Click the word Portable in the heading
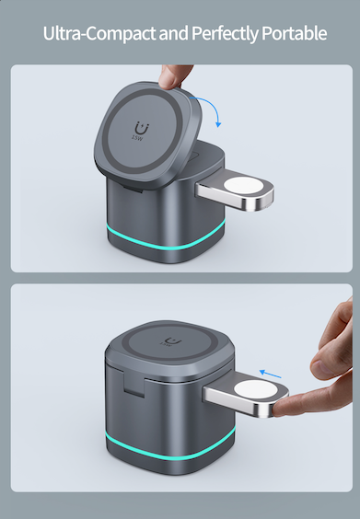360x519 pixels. pos(291,34)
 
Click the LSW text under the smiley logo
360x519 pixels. pos(138,141)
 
